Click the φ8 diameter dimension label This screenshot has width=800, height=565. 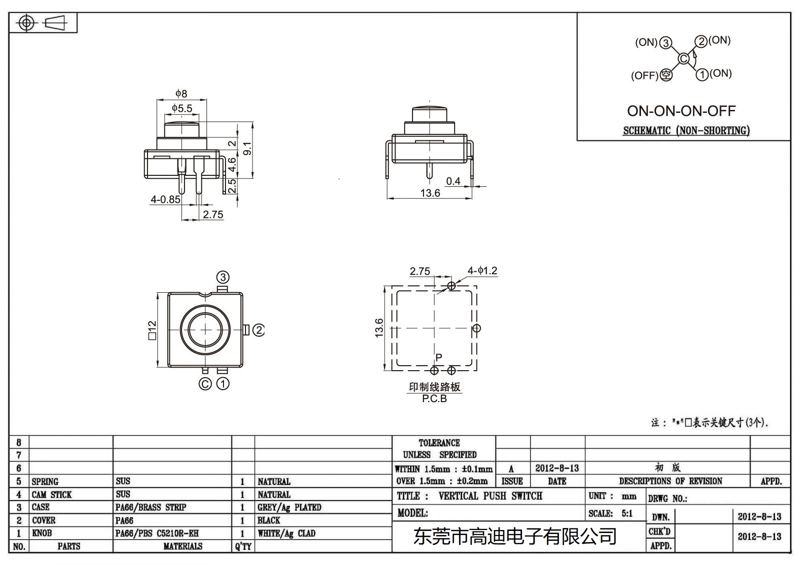click(x=181, y=93)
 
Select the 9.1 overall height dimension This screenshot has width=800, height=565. click(x=247, y=148)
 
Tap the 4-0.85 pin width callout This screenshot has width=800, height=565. click(x=165, y=199)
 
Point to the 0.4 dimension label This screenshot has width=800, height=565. click(x=453, y=181)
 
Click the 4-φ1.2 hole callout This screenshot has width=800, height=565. click(x=482, y=271)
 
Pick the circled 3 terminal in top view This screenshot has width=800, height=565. click(x=222, y=277)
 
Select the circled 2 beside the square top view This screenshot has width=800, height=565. click(x=258, y=330)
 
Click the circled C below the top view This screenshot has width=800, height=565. click(x=205, y=384)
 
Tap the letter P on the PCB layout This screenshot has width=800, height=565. click(x=438, y=358)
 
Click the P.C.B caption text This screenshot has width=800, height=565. click(x=434, y=399)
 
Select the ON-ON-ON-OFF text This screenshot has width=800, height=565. click(x=681, y=111)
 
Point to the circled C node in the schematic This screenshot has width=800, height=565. click(x=683, y=59)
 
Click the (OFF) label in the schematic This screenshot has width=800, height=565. click(x=644, y=76)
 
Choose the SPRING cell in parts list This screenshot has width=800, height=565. click(x=45, y=482)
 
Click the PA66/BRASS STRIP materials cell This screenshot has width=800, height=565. click(x=150, y=508)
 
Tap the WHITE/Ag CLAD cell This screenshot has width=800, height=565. click(x=286, y=534)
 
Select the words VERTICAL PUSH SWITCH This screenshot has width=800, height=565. click(x=490, y=496)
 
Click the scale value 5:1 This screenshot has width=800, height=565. click(x=627, y=514)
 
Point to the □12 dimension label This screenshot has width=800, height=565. click(x=152, y=330)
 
